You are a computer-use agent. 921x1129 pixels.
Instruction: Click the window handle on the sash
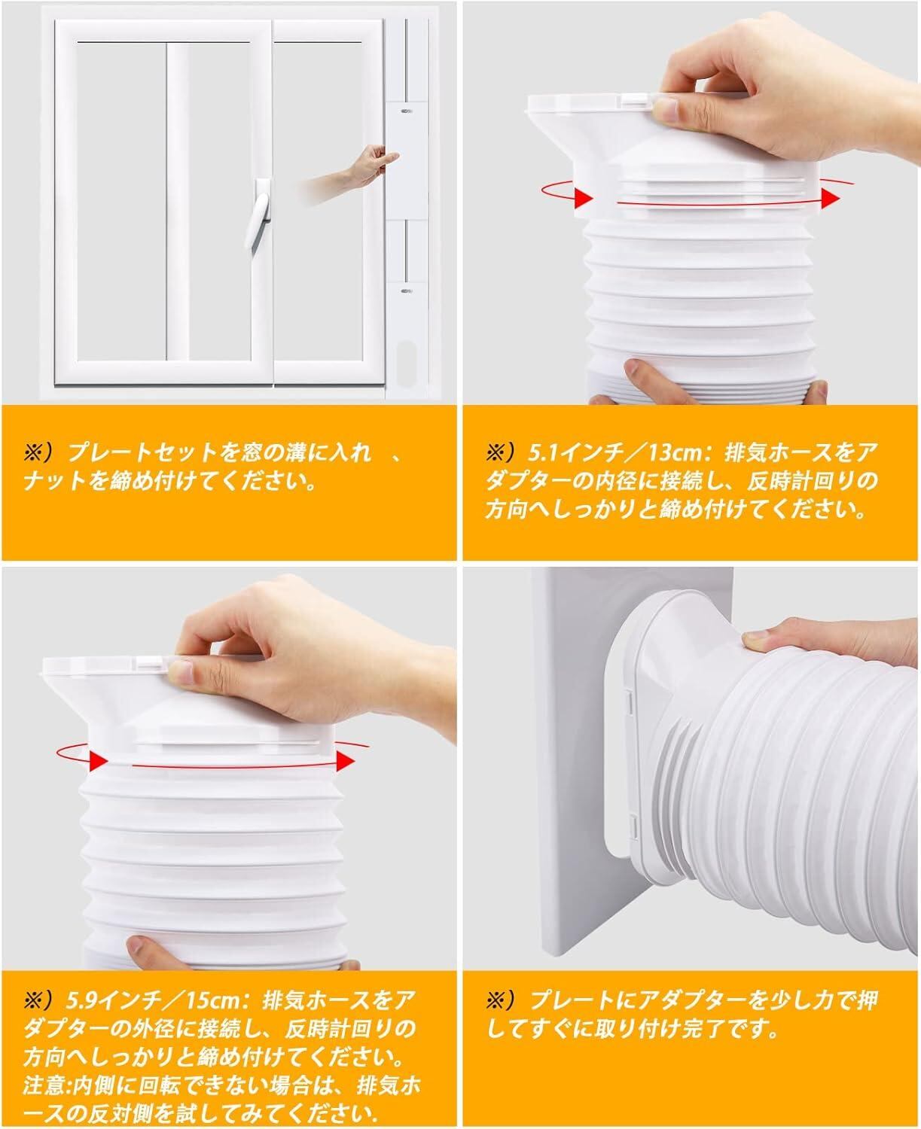[x=259, y=214]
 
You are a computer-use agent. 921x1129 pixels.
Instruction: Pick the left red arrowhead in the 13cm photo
[x=583, y=198]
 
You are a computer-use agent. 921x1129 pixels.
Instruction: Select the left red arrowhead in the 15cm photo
[x=99, y=760]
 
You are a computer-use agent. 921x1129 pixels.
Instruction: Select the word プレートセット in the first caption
[x=142, y=453]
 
